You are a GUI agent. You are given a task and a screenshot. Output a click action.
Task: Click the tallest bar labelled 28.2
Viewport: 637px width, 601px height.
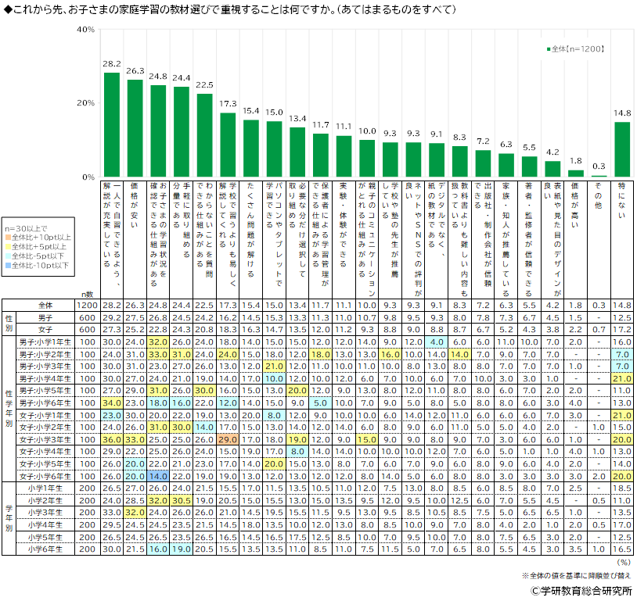(x=112, y=124)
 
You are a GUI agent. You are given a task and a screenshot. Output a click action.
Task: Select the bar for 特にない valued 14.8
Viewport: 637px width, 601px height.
(x=622, y=149)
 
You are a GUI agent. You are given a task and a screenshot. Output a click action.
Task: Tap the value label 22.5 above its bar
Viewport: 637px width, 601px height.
(x=204, y=85)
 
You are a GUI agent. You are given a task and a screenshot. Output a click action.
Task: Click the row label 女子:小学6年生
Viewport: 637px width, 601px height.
(x=49, y=475)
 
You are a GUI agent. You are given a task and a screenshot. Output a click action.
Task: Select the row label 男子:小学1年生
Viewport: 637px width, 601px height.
(x=49, y=342)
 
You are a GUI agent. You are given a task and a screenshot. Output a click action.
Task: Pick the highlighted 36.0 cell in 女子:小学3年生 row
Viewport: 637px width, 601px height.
(x=112, y=441)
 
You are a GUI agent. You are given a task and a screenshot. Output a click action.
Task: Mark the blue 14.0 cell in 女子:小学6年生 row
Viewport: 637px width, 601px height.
(x=158, y=475)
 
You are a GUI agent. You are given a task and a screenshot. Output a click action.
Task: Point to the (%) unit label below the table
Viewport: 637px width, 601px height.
(x=623, y=561)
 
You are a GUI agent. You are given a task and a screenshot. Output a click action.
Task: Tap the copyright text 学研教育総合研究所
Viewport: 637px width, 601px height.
(x=582, y=591)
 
